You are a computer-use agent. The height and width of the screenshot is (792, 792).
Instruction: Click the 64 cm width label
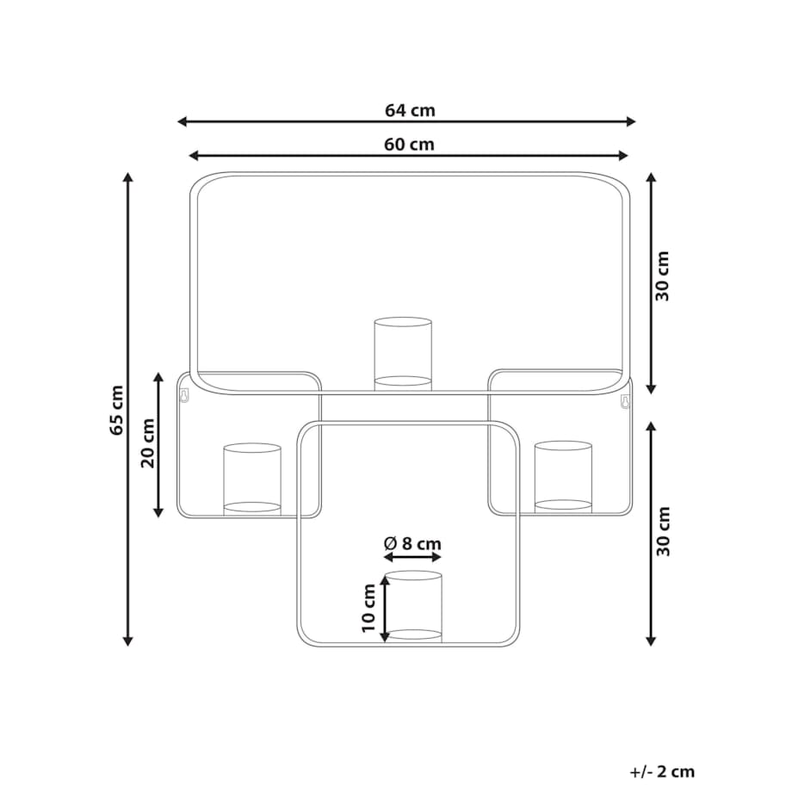pyautogui.click(x=410, y=110)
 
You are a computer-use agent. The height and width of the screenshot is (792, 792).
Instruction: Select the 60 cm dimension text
pyautogui.click(x=409, y=145)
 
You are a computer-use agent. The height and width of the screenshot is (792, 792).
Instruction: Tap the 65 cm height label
pyautogui.click(x=117, y=410)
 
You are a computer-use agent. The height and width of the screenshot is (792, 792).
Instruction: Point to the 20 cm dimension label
pyautogui.click(x=147, y=443)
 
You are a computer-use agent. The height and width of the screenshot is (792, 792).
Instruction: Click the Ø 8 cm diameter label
pyautogui.click(x=412, y=543)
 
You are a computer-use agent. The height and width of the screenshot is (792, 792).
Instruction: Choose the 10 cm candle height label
pyautogui.click(x=368, y=608)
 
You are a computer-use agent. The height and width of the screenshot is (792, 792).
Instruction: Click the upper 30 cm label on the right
pyautogui.click(x=662, y=276)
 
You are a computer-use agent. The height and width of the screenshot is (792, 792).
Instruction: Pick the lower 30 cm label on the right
pyautogui.click(x=663, y=531)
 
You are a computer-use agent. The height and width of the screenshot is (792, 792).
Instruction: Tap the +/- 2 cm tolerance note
pyautogui.click(x=662, y=772)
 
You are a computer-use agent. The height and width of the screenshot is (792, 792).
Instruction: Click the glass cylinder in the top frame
pyautogui.click(x=403, y=354)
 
